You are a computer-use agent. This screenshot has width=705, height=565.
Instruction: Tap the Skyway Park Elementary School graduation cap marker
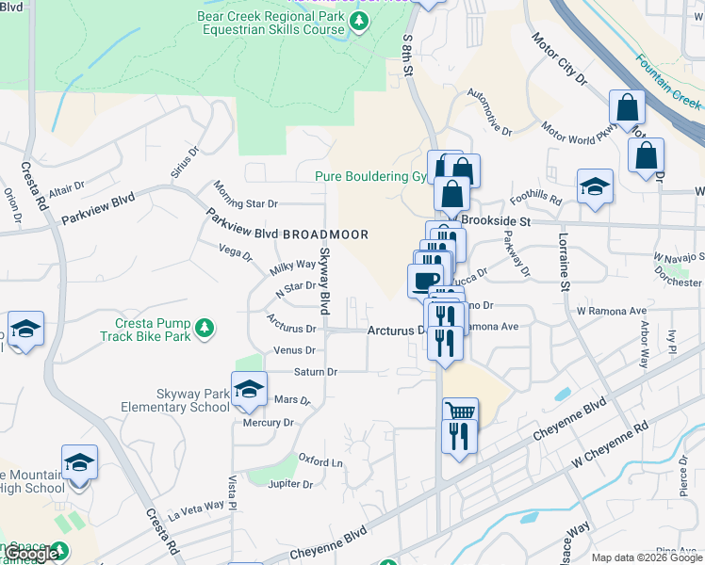click(x=249, y=389)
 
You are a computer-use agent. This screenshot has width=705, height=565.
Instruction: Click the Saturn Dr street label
click(x=315, y=372)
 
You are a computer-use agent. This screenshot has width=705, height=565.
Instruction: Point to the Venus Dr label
click(x=294, y=350)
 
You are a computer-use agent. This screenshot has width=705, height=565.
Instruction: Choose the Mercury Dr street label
click(x=269, y=423)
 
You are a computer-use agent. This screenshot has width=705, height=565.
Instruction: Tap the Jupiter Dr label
click(x=290, y=484)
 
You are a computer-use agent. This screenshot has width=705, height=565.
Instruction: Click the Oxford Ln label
click(x=320, y=462)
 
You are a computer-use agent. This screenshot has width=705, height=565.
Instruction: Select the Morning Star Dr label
click(x=245, y=195)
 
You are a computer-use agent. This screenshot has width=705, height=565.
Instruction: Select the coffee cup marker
click(x=425, y=280)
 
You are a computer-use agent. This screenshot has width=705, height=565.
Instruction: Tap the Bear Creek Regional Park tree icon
click(x=359, y=20)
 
